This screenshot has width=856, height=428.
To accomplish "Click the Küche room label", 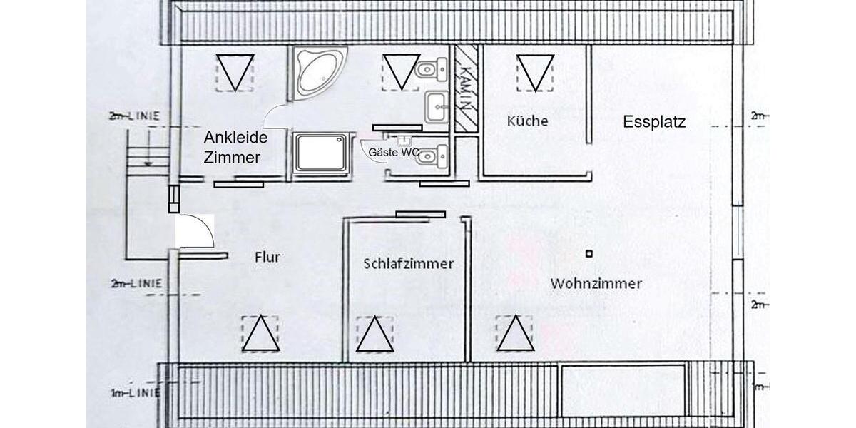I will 527,121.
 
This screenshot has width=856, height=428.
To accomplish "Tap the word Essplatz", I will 653,122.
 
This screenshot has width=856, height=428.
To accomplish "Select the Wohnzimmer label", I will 596,283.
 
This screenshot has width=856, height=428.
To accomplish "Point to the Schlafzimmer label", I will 408,263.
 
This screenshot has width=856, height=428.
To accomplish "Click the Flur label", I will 267,258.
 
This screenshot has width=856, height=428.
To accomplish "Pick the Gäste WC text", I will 393,152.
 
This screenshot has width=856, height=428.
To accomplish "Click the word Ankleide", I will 235,137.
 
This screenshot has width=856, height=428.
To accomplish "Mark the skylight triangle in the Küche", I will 535,73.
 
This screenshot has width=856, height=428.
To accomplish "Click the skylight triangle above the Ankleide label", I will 235,73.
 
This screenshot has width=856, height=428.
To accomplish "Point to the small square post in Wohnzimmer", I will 588,253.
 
